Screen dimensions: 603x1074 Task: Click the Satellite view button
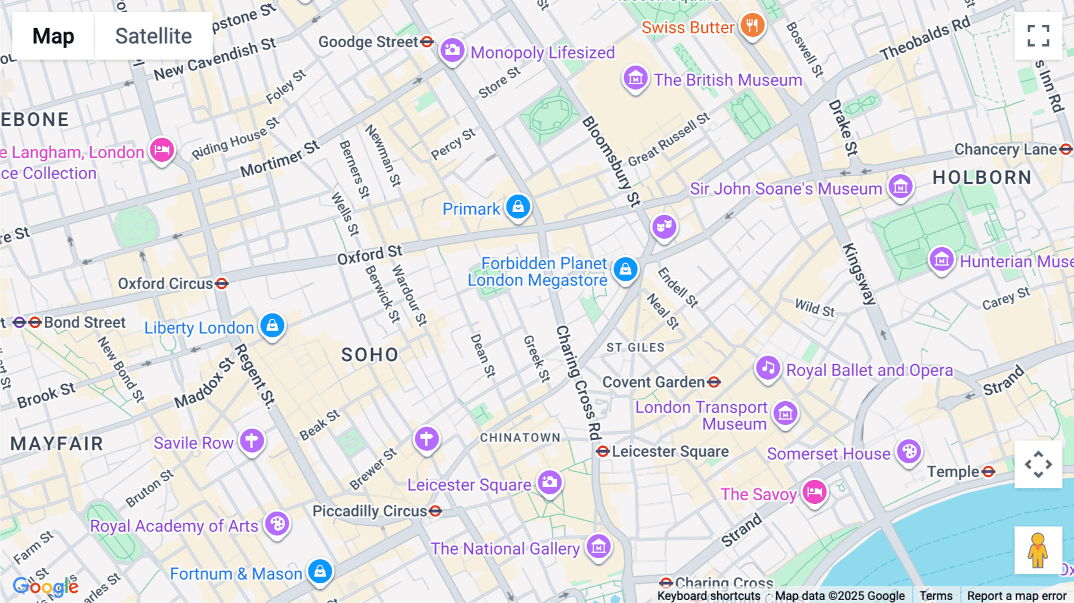153,36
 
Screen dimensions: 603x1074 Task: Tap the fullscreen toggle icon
1038,36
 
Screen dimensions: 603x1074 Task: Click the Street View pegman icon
1038,550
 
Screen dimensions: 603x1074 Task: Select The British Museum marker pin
635,78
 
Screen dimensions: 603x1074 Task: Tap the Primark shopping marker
518,207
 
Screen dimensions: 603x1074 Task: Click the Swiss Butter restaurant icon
752,26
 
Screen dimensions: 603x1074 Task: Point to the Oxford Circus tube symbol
222,284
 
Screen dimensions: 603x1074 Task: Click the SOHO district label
369,355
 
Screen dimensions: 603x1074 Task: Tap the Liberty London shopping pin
272,325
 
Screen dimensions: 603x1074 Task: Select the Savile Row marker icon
252,441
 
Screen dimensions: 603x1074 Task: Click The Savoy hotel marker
814,493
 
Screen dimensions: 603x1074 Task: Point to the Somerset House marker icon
909,452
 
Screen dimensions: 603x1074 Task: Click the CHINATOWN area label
520,438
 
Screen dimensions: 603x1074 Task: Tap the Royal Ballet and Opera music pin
768,368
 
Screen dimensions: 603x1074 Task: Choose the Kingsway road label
859,274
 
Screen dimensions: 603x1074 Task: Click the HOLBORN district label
982,178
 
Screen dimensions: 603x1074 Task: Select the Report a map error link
1016,595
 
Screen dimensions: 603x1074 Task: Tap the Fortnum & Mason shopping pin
320,571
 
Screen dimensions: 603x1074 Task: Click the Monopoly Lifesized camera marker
452,50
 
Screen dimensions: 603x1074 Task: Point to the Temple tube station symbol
989,472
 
